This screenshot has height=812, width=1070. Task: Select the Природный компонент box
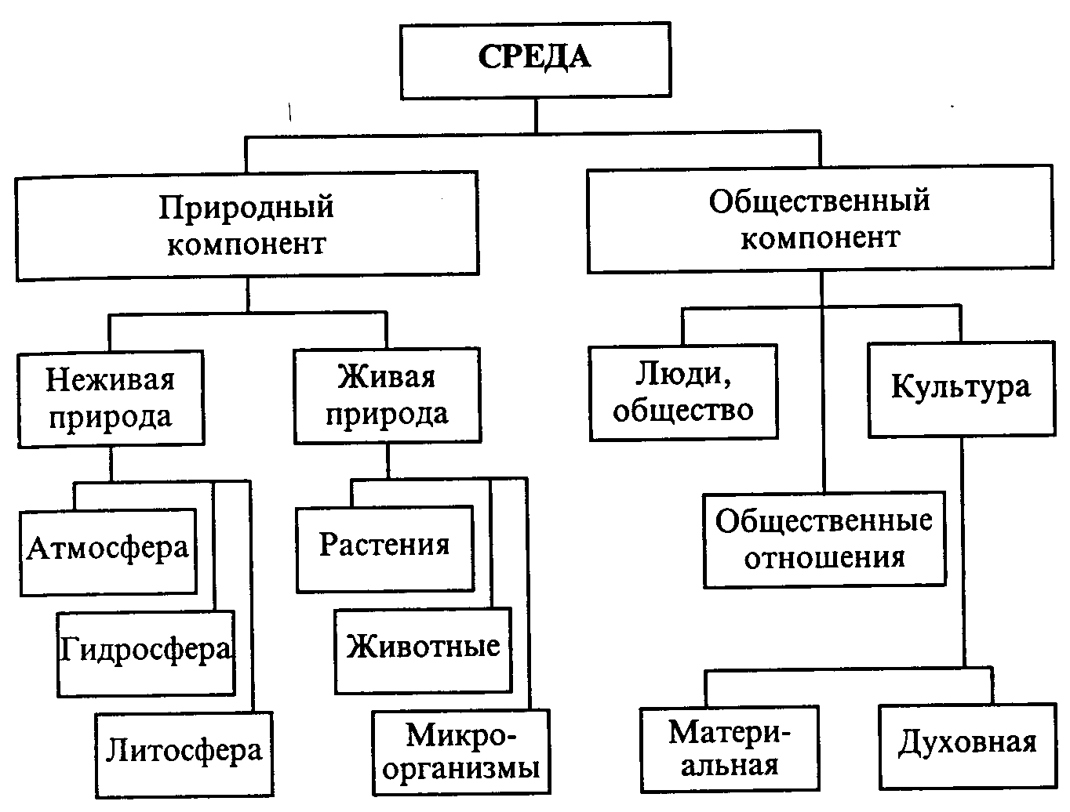pos(246,226)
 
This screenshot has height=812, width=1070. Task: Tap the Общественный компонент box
pos(820,219)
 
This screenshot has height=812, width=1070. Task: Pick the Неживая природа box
pos(110,398)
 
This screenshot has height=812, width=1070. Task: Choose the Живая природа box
pos(387,395)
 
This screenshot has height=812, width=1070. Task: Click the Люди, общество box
pos(683,392)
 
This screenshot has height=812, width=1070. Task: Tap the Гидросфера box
pos(146,652)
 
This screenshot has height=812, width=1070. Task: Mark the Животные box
pos(424,650)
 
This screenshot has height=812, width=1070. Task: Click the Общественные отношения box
pos(824,539)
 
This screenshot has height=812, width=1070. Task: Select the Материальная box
pos(729,749)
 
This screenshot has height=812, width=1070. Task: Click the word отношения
pos(824,558)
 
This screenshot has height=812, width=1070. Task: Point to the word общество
pos(683,410)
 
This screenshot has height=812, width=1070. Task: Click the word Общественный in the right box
pos(820,201)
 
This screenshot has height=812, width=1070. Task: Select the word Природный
pos(246,208)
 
